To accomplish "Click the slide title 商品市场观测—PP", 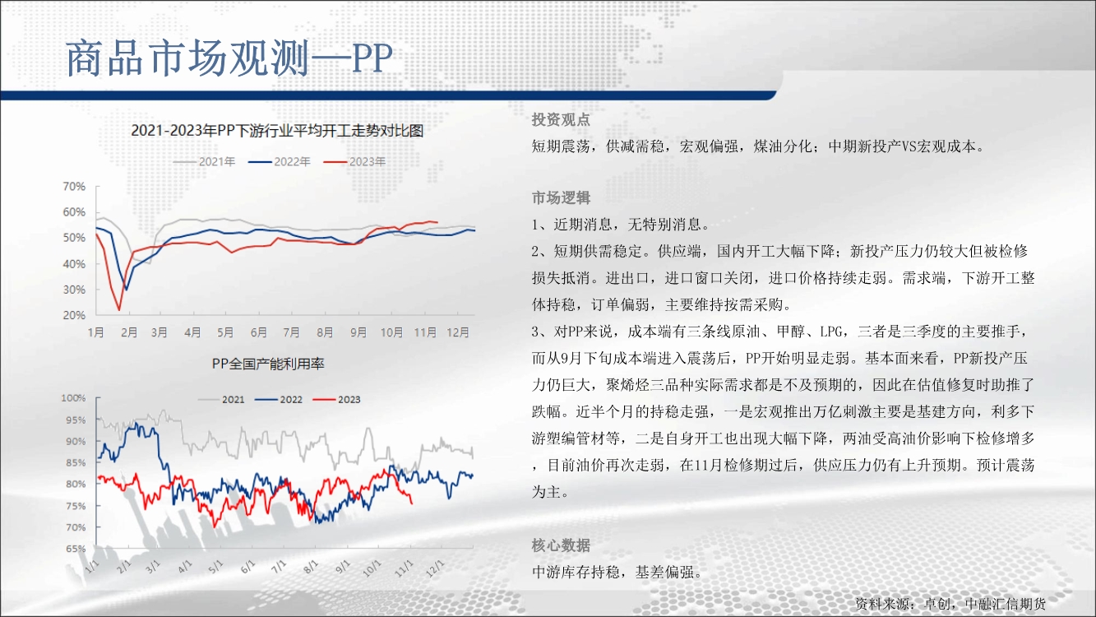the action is (229, 58).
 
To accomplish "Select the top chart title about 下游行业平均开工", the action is (277, 131).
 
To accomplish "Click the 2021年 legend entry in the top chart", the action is (205, 161).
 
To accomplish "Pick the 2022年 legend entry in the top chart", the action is (280, 161).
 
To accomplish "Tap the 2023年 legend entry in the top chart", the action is (354, 161).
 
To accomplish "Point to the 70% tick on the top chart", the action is (74, 187).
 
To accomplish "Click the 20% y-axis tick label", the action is (74, 315).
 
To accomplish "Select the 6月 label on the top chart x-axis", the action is (258, 332).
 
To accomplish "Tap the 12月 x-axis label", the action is (458, 332).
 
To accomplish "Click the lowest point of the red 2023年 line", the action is (119, 309).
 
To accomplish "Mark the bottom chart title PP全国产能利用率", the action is (268, 364).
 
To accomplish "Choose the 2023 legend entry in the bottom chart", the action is (337, 400).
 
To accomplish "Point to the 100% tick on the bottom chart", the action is (73, 398).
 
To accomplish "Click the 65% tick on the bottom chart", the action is (76, 549).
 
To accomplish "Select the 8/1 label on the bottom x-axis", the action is (311, 567).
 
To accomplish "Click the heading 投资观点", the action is (561, 120).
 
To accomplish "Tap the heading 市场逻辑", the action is (561, 197).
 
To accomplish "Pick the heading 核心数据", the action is (561, 545).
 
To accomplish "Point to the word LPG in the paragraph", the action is (831, 332).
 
